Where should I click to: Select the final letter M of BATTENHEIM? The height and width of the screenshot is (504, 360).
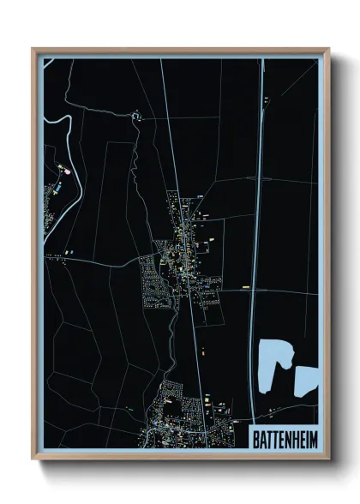point(312,437)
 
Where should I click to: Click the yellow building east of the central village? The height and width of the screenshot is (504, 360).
point(245,286)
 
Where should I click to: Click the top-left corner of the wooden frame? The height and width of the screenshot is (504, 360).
point(33,50)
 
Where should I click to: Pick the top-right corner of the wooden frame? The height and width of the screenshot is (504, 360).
point(328,50)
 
